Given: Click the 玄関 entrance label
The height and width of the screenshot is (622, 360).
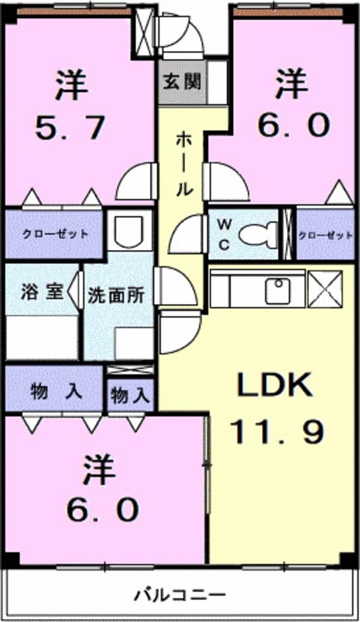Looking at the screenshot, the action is pyautogui.click(x=182, y=82).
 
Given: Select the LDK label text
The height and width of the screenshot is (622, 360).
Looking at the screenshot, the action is pyautogui.click(x=274, y=385).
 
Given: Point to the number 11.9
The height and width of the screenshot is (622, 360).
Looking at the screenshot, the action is pyautogui.click(x=277, y=432).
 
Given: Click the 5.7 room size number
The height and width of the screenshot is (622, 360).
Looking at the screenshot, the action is pyautogui.click(x=71, y=128).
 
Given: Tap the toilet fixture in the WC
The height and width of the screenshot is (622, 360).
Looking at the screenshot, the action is pyautogui.click(x=259, y=235).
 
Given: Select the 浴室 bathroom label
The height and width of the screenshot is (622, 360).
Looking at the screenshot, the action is pyautogui.click(x=41, y=292).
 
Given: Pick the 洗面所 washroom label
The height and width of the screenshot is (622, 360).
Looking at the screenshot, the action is pyautogui.click(x=116, y=296).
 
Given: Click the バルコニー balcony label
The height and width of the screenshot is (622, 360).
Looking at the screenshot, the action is pyautogui.click(x=180, y=595).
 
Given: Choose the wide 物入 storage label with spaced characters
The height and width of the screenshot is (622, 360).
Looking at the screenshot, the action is pyautogui.click(x=56, y=392).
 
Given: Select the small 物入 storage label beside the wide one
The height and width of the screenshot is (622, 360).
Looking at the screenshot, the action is pyautogui.click(x=130, y=395).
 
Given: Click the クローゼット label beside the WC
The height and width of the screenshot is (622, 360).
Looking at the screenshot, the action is pyautogui.click(x=325, y=235).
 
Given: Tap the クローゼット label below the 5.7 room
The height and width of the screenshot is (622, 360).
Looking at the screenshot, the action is pyautogui.click(x=55, y=234).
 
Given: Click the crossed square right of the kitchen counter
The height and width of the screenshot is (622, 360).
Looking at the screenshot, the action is pyautogui.click(x=325, y=289).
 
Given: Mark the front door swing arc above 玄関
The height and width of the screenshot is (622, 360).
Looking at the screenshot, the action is pyautogui.click(x=181, y=32).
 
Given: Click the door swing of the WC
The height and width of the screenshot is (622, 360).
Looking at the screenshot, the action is pyautogui.click(x=187, y=234).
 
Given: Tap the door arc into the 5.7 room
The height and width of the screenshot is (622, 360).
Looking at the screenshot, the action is pyautogui.click(x=134, y=181).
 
